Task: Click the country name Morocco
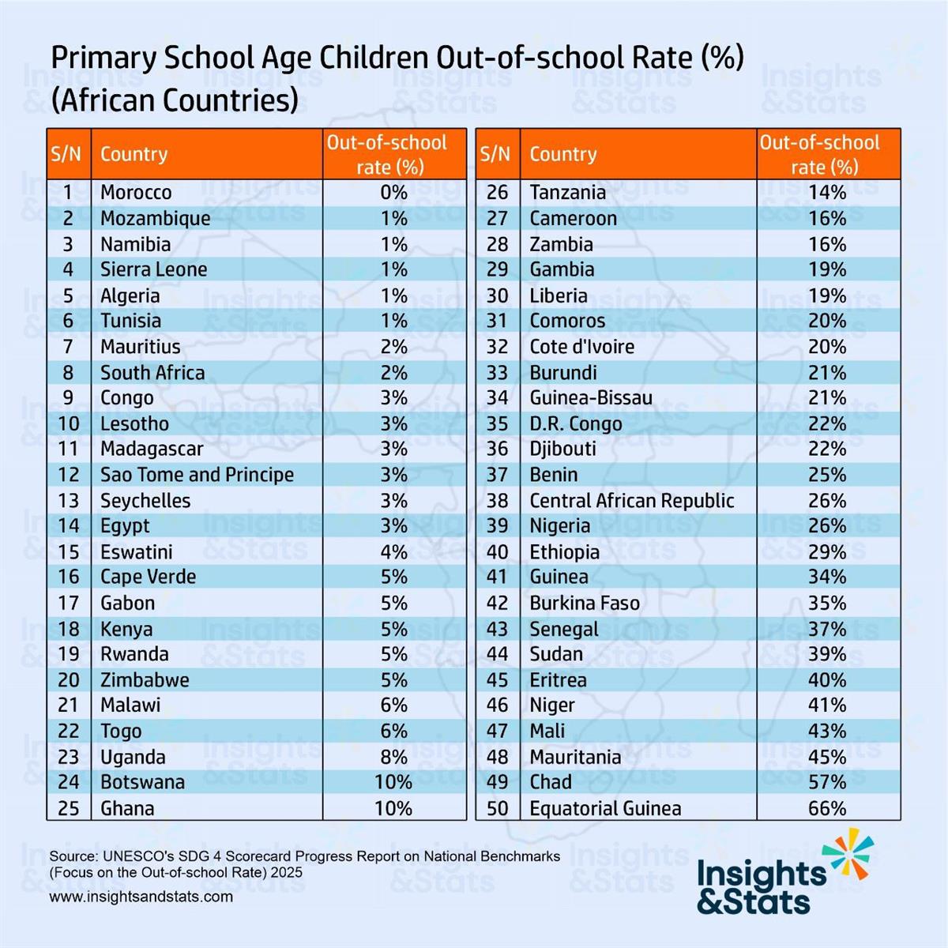(136, 193)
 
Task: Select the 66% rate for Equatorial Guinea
(827, 808)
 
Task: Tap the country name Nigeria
(559, 526)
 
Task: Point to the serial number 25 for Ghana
(69, 808)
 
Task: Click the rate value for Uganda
(393, 757)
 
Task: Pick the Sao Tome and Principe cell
(197, 475)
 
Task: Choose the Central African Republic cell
(631, 501)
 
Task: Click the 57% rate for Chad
(827, 782)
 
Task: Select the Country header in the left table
(134, 154)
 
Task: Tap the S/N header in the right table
(495, 154)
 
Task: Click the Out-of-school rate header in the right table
(820, 155)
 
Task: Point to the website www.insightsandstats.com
(141, 897)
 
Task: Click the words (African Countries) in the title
(175, 101)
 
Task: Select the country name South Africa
(152, 373)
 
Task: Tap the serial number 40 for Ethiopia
(497, 552)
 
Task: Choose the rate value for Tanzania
(827, 193)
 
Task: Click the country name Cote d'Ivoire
(581, 347)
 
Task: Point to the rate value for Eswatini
(393, 552)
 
